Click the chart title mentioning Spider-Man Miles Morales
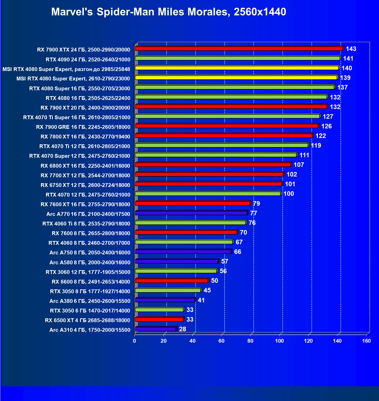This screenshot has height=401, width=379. coord(168,12)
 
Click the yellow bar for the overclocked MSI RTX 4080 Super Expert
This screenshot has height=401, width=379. coord(236,68)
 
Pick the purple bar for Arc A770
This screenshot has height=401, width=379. coord(191,213)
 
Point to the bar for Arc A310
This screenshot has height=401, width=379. coord(155,329)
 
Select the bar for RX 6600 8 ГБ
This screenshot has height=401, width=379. coord(171,281)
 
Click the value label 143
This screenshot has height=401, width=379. coord(351,49)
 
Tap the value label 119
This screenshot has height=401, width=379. coord(316,146)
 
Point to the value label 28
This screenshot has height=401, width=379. coord(183,329)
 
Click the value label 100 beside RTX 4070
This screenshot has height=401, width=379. coord(289,194)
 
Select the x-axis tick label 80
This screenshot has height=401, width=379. coord(250,341)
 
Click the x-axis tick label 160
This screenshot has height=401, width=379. coord(366,341)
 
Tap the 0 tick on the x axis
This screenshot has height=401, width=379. coord(134,341)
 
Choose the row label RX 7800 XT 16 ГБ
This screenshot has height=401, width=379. coord(85,137)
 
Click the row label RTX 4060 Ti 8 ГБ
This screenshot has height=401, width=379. coord(86,224)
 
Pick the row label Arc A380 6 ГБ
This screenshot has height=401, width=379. coord(90,301)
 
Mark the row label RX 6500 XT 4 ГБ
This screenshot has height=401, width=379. coord(88,320)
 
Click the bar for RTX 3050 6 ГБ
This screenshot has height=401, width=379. coord(159,310)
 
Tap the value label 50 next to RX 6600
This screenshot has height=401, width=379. coord(215,281)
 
